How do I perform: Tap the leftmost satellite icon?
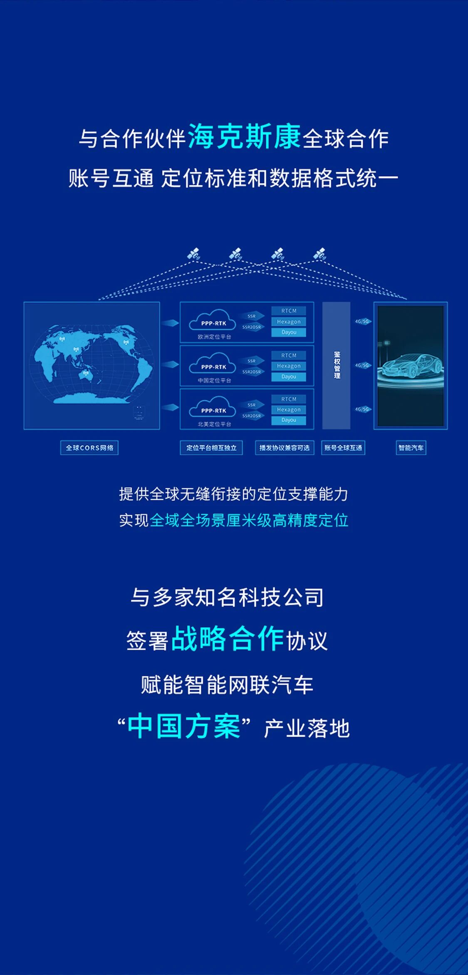193,254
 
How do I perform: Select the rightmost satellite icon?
319,254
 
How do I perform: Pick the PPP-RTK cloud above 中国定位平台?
213,365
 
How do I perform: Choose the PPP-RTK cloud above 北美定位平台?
213,409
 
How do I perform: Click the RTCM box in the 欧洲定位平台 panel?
289,311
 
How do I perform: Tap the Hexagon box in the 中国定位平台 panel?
289,366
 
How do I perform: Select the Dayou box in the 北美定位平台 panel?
289,421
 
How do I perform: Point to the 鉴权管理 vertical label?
337,365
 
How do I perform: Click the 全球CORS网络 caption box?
89,448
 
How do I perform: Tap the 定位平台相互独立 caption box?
211,448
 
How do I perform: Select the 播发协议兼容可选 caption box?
285,448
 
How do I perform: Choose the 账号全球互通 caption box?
343,448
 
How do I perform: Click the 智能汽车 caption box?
411,448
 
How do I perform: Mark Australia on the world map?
86,376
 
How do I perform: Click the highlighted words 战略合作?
228,639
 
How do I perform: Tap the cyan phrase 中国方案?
183,727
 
